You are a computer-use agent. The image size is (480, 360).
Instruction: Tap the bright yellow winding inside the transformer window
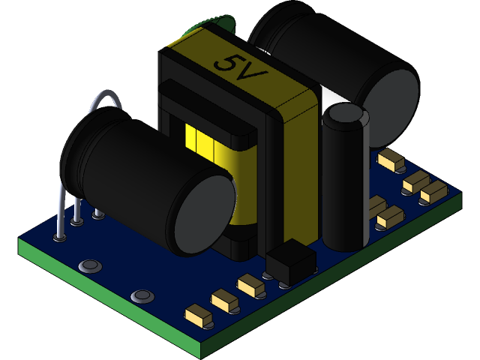(x=199, y=138)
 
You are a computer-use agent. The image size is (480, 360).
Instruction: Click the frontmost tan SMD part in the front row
(x=199, y=315)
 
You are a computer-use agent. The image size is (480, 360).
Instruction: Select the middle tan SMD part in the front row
(x=224, y=301)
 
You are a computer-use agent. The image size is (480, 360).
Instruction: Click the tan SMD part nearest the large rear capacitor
(x=391, y=159)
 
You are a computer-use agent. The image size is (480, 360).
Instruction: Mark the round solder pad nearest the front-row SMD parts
(x=140, y=297)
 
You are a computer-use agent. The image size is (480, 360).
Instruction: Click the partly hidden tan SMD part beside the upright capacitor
(x=375, y=205)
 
